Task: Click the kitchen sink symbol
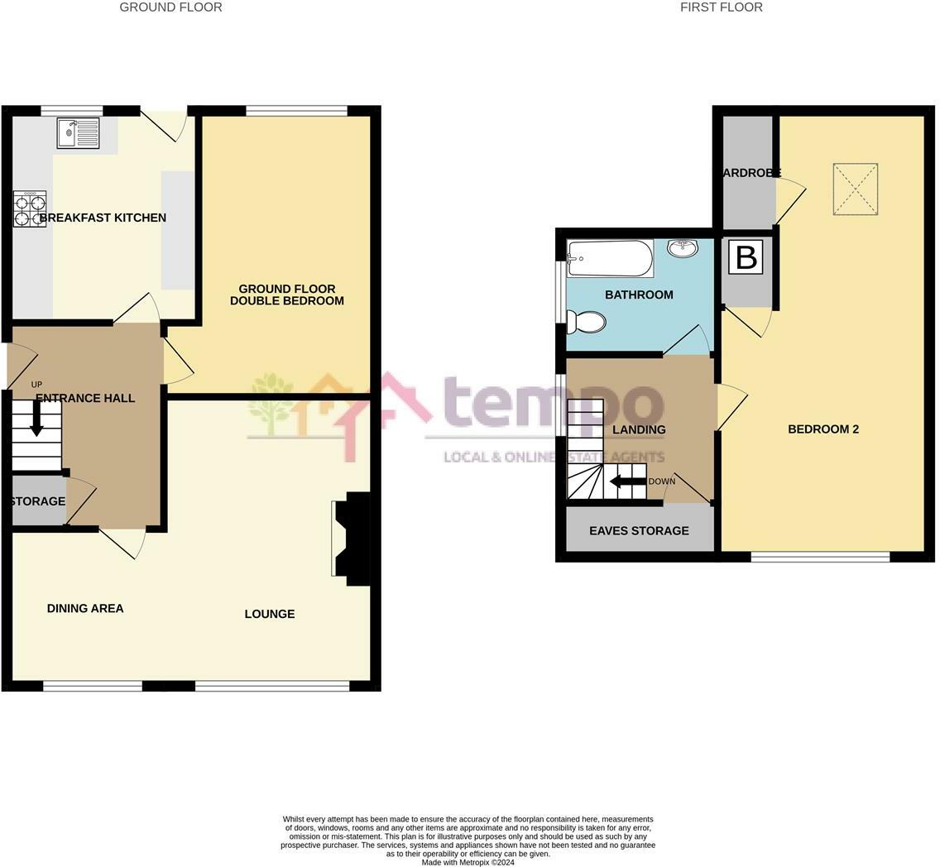click(x=78, y=133)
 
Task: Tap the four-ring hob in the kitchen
click(x=30, y=209)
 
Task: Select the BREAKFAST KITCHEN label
click(x=103, y=218)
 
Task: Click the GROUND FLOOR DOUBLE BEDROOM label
click(x=286, y=295)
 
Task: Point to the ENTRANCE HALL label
click(x=85, y=398)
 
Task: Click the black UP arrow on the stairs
click(x=36, y=418)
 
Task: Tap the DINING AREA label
click(x=85, y=608)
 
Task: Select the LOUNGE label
click(x=270, y=614)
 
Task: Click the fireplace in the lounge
click(x=351, y=539)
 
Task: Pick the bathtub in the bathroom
click(x=610, y=259)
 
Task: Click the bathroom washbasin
click(x=682, y=248)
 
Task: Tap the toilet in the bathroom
click(x=586, y=321)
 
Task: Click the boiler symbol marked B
click(x=746, y=257)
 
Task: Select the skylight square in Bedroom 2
click(x=855, y=189)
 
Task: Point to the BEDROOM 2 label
click(x=823, y=429)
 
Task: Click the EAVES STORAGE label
click(x=639, y=530)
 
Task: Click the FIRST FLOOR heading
click(x=722, y=7)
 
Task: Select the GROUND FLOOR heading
click(x=170, y=7)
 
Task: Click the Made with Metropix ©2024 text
click(x=468, y=862)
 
